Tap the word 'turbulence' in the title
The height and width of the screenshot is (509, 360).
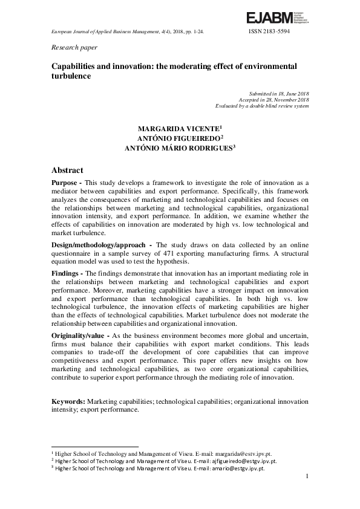(x=71, y=76)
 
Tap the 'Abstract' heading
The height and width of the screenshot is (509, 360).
(x=67, y=170)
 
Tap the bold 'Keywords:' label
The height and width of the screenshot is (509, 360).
(x=68, y=401)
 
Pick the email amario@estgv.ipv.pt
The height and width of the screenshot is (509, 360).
(x=237, y=468)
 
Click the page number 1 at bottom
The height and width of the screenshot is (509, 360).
(x=307, y=477)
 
